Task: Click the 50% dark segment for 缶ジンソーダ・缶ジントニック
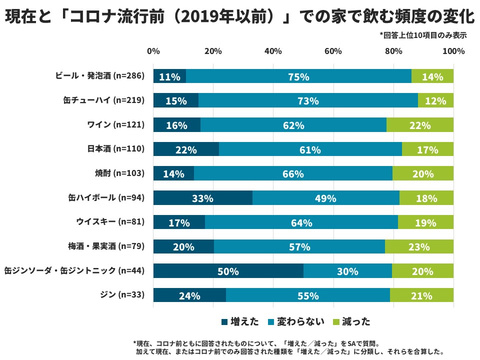pyautogui.click(x=228, y=271)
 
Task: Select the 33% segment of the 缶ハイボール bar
pyautogui.click(x=202, y=198)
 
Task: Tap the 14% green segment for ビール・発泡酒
pyautogui.click(x=432, y=76)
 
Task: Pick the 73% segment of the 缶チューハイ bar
pyautogui.click(x=308, y=100)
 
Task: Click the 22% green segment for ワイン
pyautogui.click(x=420, y=125)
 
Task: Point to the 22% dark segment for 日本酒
pyautogui.click(x=186, y=149)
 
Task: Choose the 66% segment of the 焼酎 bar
pyautogui.click(x=293, y=173)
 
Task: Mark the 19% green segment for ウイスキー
pyautogui.click(x=426, y=222)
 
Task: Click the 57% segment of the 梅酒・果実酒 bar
pyautogui.click(x=299, y=246)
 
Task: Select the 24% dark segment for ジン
pyautogui.click(x=189, y=295)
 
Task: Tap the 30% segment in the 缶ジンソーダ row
pyautogui.click(x=347, y=271)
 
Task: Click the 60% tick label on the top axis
pyautogui.click(x=333, y=51)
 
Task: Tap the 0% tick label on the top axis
pyautogui.click(x=153, y=51)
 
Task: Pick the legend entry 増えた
pyautogui.click(x=240, y=322)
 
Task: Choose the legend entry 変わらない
pyautogui.click(x=297, y=322)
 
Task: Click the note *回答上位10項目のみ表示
pyautogui.click(x=422, y=35)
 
